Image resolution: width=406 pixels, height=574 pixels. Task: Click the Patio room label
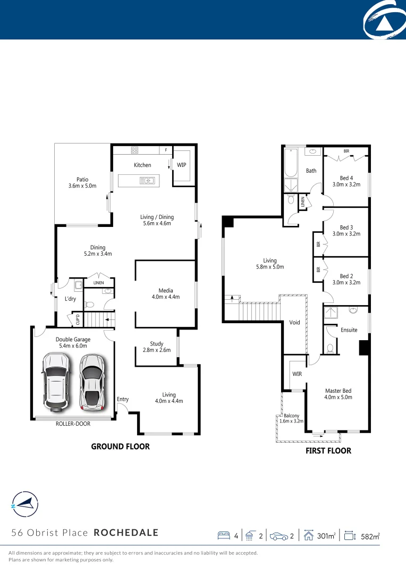tap(82, 179)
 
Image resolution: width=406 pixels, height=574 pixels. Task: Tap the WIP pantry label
tap(182, 165)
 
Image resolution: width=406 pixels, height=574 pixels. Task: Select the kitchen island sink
tap(147, 181)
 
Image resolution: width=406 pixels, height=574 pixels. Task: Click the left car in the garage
tap(56, 382)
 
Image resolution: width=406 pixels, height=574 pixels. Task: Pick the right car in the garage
tap(91, 382)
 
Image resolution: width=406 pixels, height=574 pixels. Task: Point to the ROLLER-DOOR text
tap(73, 424)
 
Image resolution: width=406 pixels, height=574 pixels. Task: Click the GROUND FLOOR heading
tap(120, 446)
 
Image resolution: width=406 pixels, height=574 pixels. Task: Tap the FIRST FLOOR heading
tap(328, 451)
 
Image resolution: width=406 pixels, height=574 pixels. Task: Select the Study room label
tap(157, 344)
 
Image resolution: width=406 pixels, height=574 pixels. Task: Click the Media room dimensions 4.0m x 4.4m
tap(165, 297)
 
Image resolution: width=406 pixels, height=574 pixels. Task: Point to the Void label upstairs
tap(294, 323)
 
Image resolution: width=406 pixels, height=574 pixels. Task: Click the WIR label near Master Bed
tap(297, 374)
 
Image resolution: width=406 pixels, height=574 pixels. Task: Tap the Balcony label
tap(291, 416)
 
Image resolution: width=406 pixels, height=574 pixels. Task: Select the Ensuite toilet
tap(330, 349)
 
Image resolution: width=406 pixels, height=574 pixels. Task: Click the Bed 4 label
tap(346, 178)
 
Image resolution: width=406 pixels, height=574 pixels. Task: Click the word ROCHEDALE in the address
tap(126, 533)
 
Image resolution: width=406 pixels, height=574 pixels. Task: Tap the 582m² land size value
tap(370, 536)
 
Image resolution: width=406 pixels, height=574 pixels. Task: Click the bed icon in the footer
tap(224, 536)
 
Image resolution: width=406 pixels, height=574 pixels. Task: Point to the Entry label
tap(123, 399)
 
